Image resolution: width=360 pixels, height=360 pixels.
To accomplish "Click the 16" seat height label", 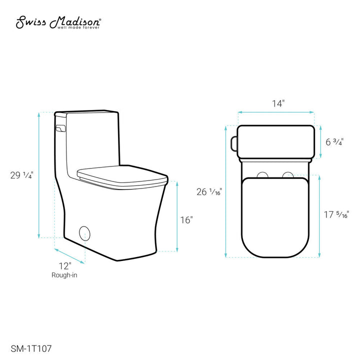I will click(186, 220).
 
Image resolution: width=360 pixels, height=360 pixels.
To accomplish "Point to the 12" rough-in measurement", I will click(64, 265).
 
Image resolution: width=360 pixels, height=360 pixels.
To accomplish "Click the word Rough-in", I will click(64, 275).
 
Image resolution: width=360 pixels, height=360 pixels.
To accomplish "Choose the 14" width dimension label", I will click(278, 104).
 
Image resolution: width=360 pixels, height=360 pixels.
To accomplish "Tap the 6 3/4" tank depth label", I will click(334, 142).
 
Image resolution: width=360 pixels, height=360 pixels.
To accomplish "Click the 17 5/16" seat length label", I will click(336, 215).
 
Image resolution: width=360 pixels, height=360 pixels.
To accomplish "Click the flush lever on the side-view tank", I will click(60, 128).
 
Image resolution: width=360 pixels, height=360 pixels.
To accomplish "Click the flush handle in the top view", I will click(233, 142).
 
